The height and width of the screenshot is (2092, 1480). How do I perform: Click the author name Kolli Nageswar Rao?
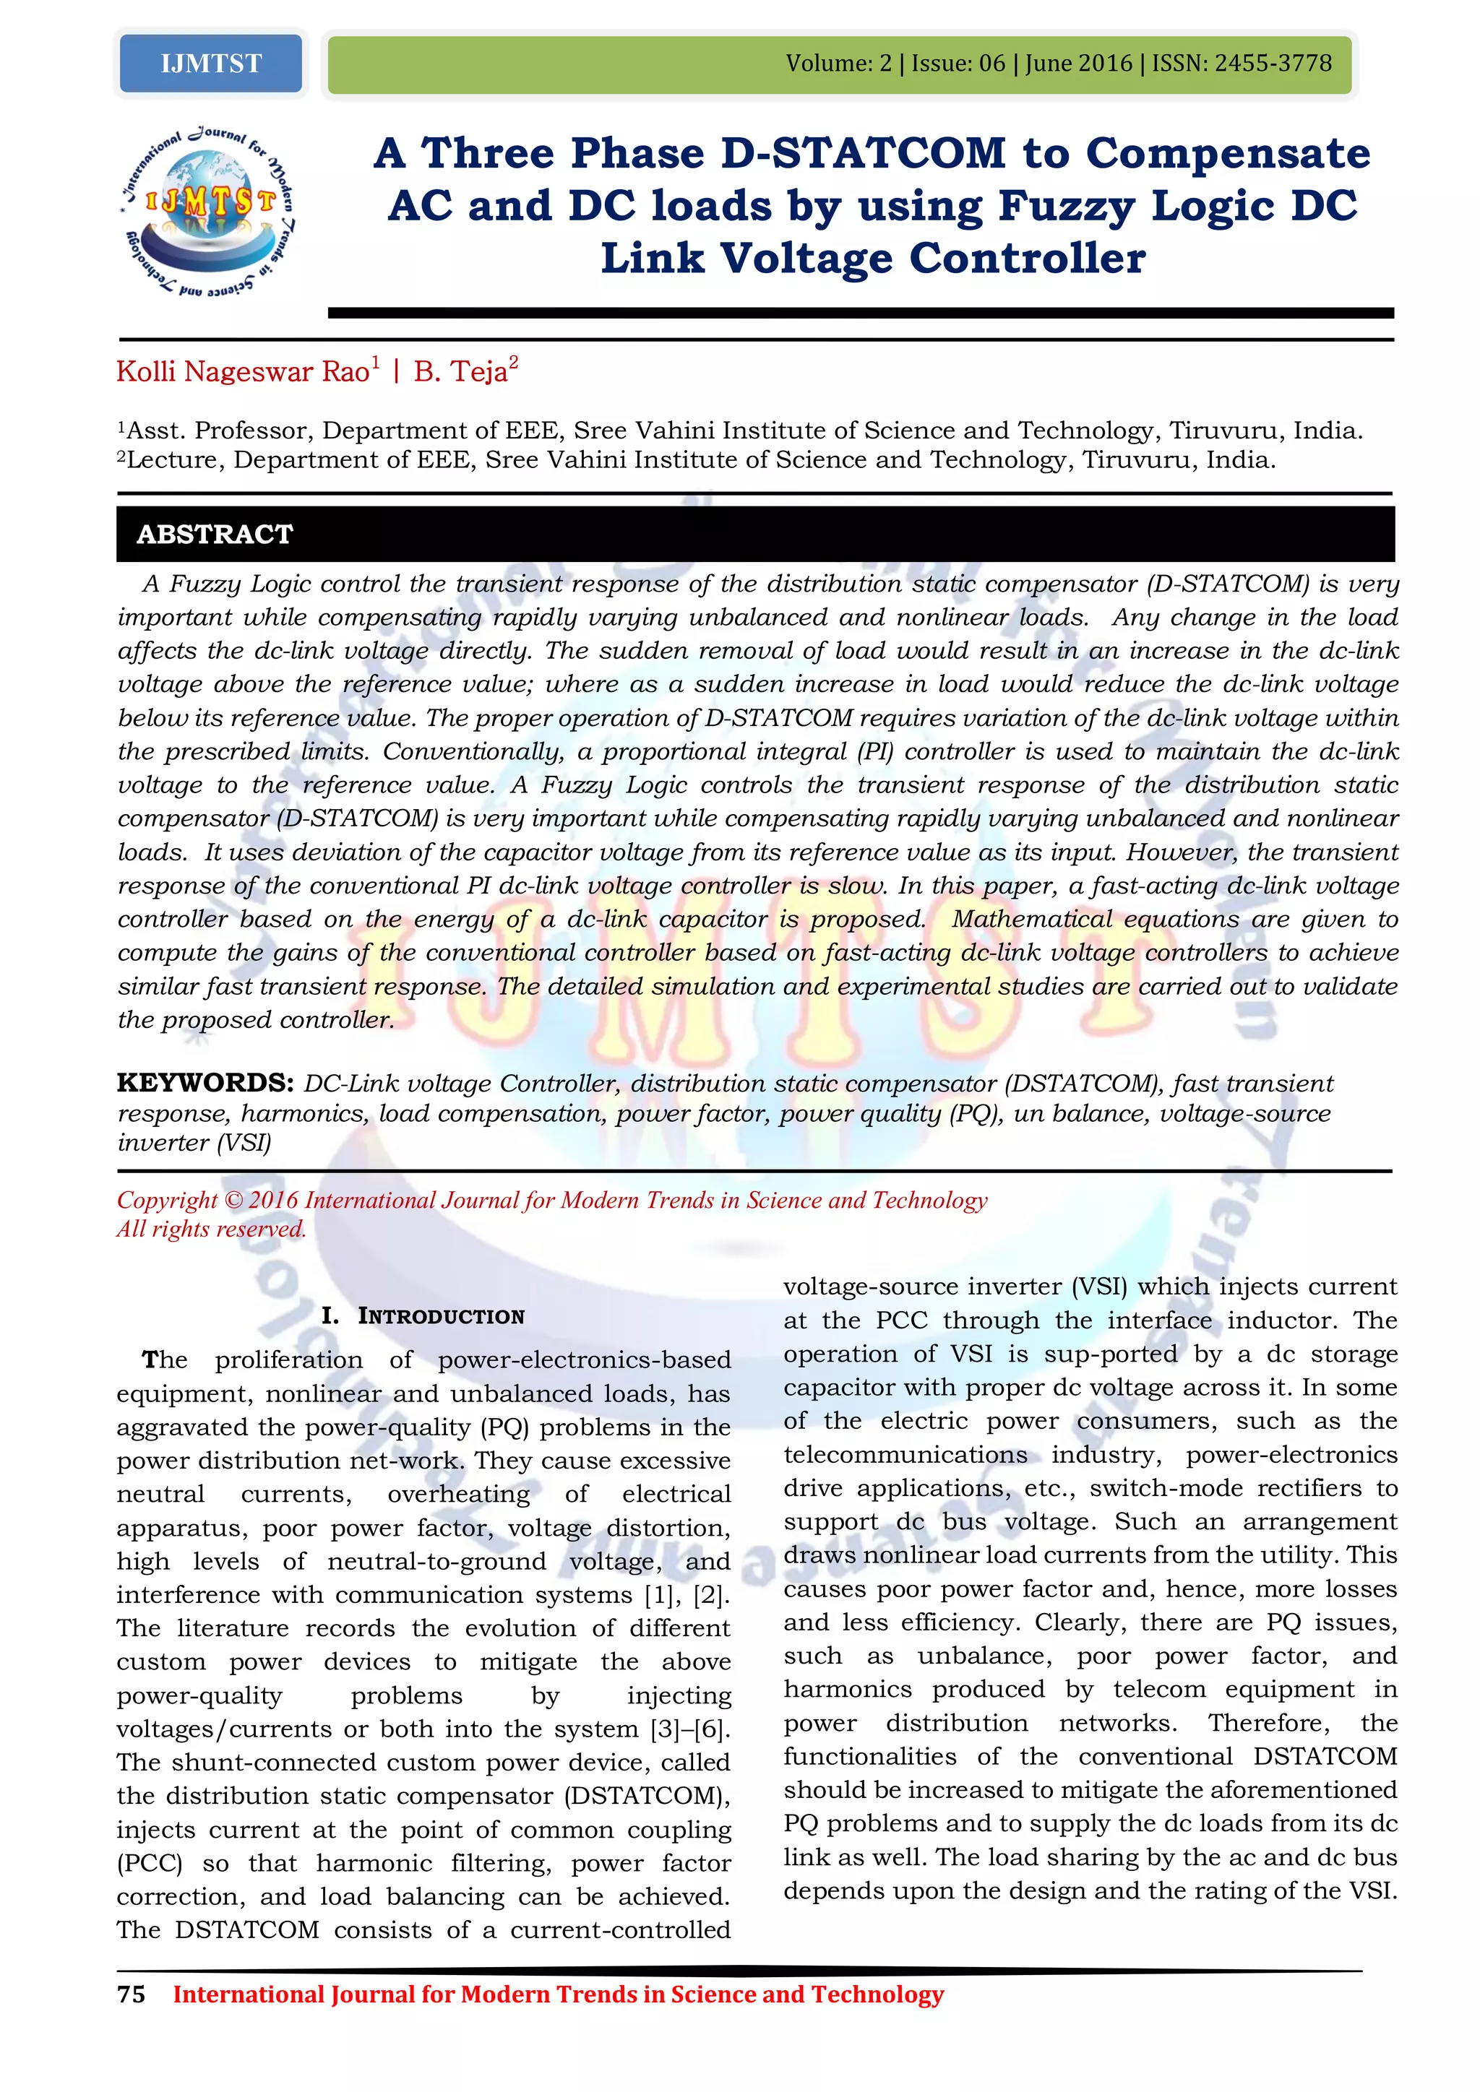click(x=242, y=372)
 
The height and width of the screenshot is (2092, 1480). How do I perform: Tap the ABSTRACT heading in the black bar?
click(x=215, y=534)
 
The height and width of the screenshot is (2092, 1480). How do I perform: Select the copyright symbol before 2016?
click(x=233, y=1200)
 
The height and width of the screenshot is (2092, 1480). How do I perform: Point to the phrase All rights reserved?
click(x=212, y=1229)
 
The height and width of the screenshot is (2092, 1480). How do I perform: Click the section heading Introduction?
click(x=441, y=1315)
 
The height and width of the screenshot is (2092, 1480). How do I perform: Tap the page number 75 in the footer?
click(x=132, y=1994)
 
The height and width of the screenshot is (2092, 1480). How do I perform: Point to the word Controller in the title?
click(x=1027, y=259)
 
